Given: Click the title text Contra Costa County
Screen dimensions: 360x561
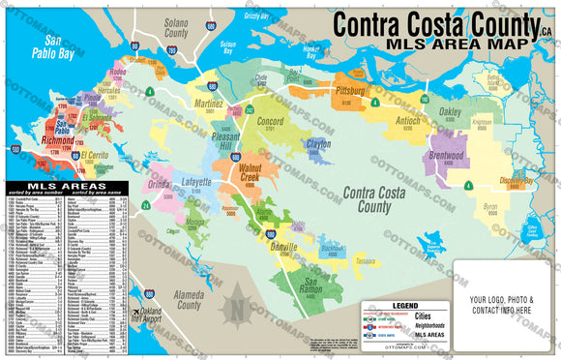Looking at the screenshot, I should click(x=434, y=25).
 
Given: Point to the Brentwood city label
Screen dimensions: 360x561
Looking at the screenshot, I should click(x=446, y=156).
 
